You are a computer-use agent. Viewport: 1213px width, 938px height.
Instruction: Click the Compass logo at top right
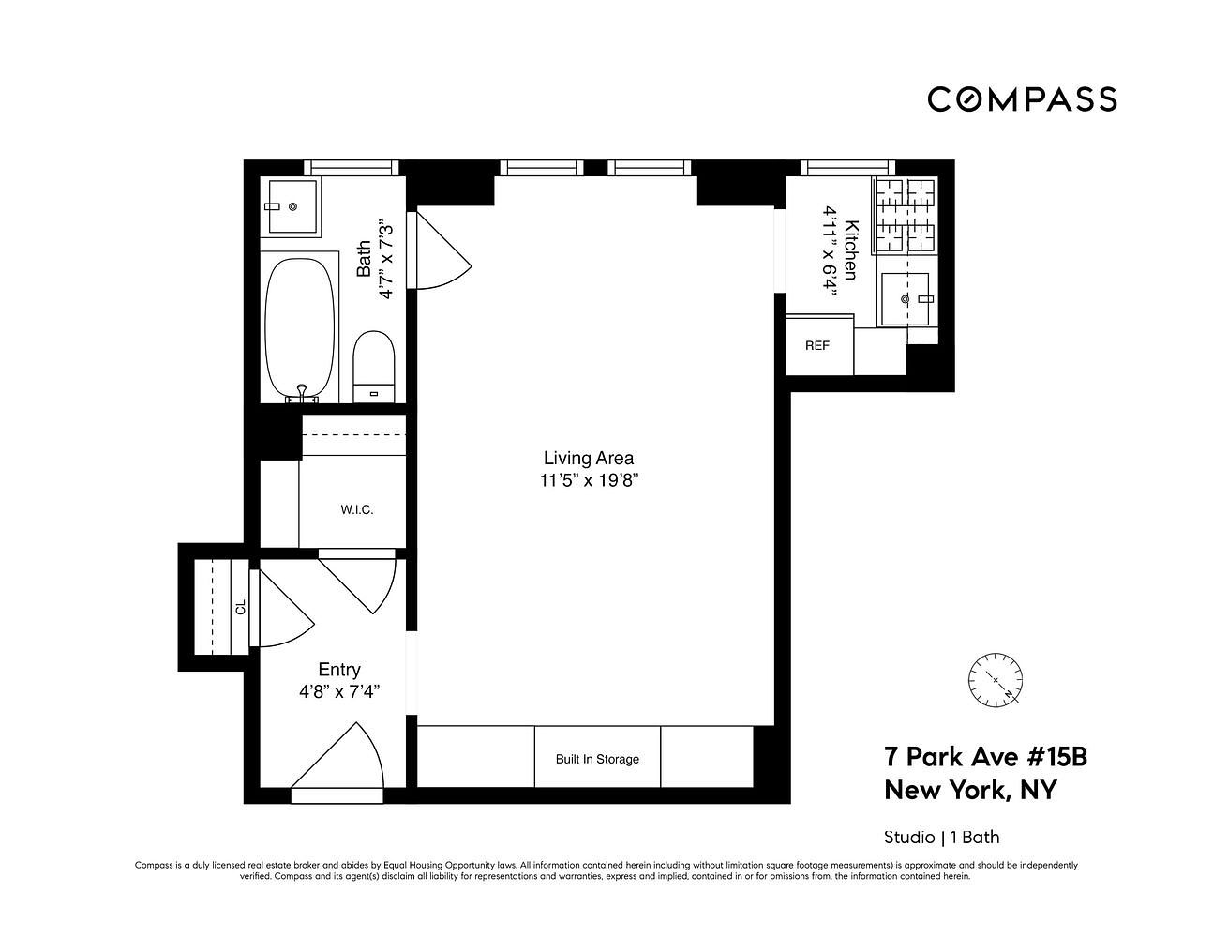[1022, 99]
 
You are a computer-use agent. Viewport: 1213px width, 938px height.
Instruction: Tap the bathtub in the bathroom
[300, 329]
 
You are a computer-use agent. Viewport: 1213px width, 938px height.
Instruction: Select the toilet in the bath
[374, 366]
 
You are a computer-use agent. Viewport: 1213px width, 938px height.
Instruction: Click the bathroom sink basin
[292, 206]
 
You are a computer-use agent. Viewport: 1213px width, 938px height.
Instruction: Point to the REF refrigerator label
[816, 345]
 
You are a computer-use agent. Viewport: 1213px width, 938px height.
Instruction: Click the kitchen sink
[905, 298]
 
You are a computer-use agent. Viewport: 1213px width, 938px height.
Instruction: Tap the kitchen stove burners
[905, 216]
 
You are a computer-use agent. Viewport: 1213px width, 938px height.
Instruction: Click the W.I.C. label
[357, 509]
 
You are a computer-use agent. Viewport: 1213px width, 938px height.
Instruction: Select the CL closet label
[241, 607]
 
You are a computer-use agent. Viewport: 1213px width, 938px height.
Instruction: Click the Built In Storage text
[597, 759]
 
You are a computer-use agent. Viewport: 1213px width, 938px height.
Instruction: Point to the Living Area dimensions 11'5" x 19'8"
[589, 479]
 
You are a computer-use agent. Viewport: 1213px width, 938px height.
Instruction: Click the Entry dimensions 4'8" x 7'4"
[339, 692]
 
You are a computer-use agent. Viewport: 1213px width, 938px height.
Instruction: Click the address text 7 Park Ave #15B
[986, 757]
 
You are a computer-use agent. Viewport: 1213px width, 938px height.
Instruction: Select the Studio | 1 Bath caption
[942, 837]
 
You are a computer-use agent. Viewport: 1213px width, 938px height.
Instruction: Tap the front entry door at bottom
[337, 764]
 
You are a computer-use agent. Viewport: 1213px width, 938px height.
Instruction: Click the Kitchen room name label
[850, 250]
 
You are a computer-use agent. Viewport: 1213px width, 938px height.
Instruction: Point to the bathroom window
[352, 168]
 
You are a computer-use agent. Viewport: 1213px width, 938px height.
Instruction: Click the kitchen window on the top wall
[847, 168]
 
